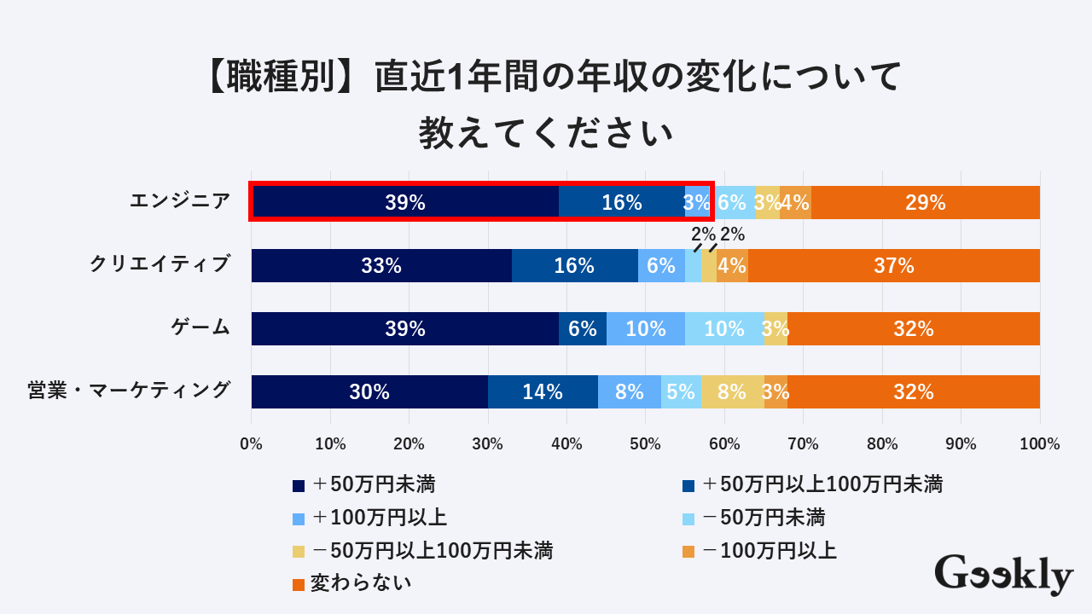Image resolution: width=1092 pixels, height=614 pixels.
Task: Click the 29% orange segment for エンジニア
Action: [926, 202]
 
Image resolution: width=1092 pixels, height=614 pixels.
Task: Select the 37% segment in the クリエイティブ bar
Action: [894, 265]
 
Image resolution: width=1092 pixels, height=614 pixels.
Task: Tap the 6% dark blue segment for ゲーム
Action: [583, 328]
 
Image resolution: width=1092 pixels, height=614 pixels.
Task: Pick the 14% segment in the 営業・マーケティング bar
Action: [543, 391]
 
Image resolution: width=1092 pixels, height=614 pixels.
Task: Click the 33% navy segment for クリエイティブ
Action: [381, 265]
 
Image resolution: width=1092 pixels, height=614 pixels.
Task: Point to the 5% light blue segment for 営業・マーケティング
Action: [681, 391]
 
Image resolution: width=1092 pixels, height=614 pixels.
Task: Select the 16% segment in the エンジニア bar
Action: [622, 202]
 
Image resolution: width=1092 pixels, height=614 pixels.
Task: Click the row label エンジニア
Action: [180, 201]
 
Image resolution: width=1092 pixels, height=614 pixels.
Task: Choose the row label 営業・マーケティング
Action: [129, 391]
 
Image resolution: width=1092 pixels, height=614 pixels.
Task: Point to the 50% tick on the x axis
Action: [646, 443]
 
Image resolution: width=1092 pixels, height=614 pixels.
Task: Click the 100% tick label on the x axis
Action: [1040, 443]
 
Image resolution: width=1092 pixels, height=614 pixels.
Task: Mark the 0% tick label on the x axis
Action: [252, 443]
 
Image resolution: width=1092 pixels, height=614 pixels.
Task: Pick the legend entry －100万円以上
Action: [769, 551]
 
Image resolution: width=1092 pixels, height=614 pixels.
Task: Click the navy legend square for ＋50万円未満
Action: [299, 486]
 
